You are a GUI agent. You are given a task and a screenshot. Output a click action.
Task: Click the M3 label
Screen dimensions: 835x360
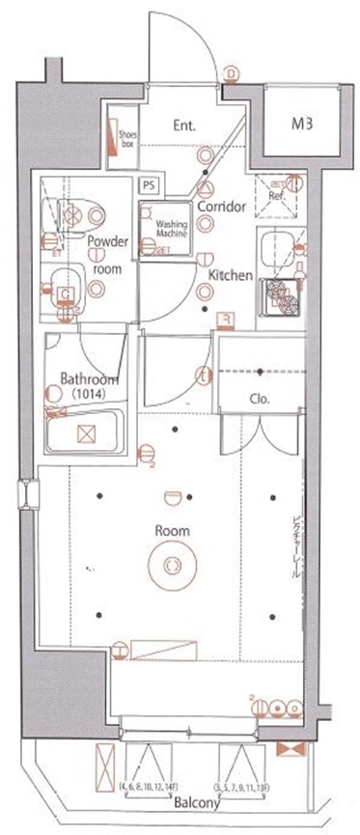click(x=305, y=124)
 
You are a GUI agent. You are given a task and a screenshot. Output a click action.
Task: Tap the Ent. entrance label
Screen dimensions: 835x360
click(x=186, y=125)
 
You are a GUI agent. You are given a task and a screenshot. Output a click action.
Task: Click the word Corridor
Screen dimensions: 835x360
click(x=220, y=208)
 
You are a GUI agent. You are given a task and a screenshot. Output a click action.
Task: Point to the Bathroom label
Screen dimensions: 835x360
click(x=89, y=378)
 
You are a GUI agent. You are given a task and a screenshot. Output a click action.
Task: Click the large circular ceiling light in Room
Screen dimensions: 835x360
click(x=171, y=565)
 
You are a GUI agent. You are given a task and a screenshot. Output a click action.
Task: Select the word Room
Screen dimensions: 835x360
click(x=174, y=531)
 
